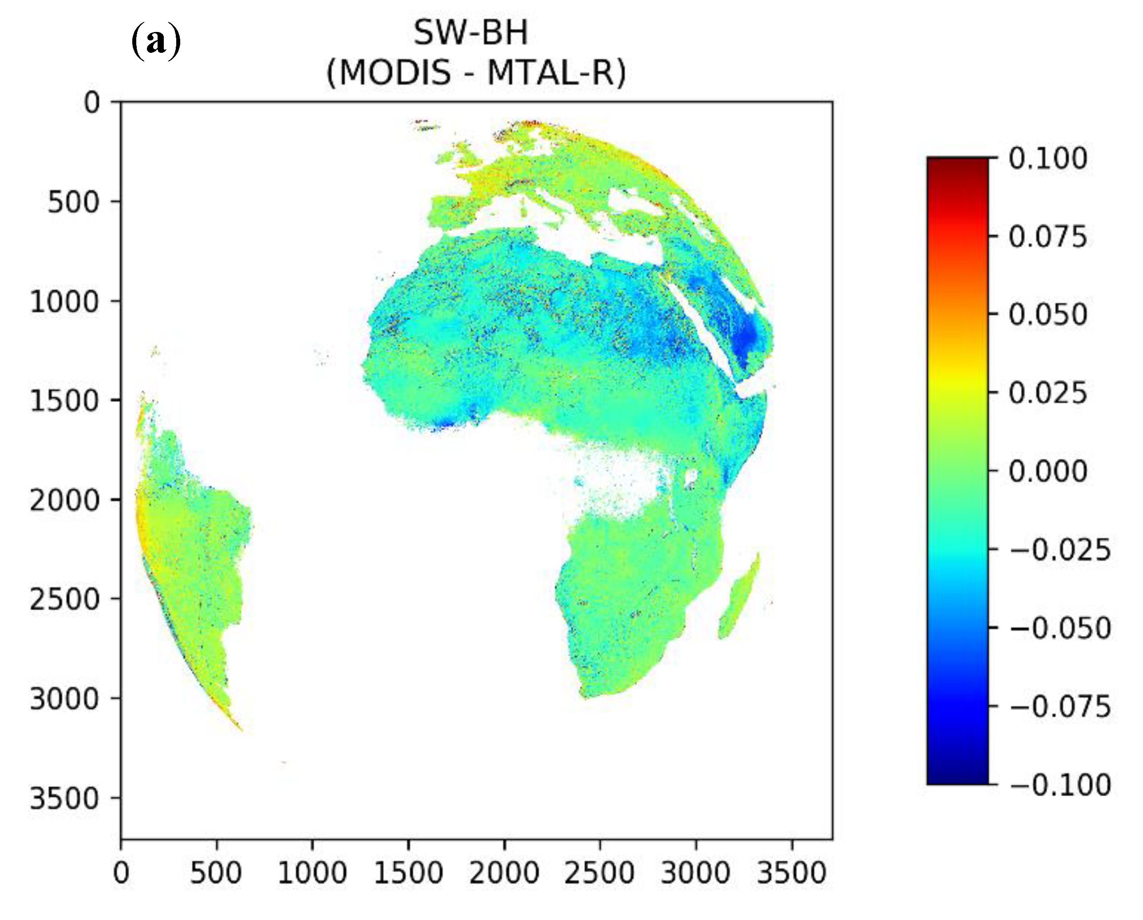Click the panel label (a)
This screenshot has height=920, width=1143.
(155, 41)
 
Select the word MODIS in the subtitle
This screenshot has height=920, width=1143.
(395, 73)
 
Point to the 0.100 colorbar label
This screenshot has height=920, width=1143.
(1048, 158)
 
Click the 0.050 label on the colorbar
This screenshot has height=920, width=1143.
(1048, 315)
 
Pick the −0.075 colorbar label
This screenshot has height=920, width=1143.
(1059, 707)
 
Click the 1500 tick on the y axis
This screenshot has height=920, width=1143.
(64, 401)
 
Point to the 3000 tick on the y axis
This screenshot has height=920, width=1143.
(64, 699)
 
